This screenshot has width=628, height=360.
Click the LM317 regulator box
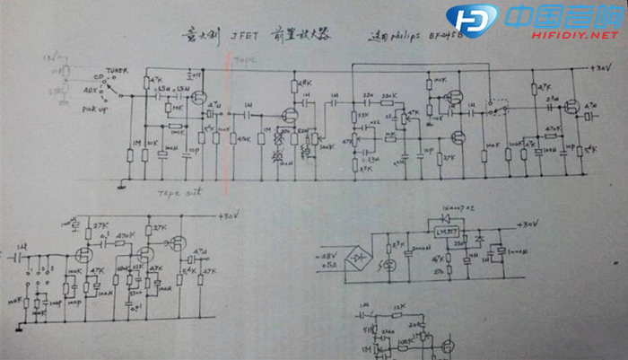[446, 232]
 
